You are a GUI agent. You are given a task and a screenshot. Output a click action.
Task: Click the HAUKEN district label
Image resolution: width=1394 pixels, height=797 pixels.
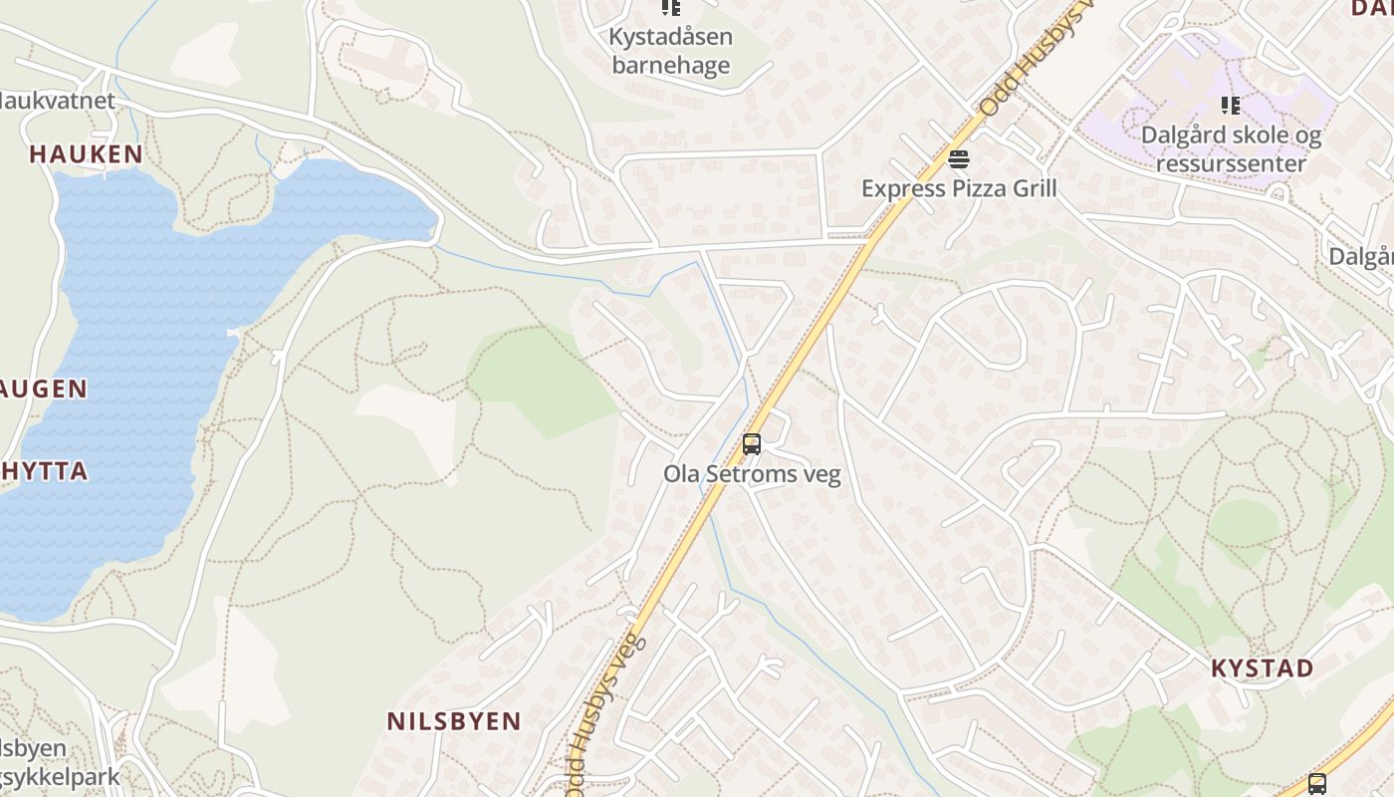[86, 154]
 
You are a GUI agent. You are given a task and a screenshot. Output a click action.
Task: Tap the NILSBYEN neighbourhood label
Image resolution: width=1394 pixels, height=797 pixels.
[453, 721]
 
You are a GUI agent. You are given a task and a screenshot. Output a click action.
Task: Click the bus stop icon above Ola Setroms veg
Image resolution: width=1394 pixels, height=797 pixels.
[752, 444]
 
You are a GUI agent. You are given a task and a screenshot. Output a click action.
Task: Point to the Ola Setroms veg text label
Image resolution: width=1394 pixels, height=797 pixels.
[752, 474]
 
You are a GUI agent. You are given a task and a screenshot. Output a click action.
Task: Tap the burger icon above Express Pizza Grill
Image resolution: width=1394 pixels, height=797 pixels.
[959, 159]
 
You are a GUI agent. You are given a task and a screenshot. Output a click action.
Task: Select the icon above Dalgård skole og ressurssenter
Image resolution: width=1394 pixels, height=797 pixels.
[1231, 106]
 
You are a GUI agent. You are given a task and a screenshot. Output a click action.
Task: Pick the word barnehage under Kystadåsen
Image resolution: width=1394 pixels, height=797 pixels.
[670, 67]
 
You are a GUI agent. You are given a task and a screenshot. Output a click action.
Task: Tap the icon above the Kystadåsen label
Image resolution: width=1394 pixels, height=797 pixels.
[671, 9]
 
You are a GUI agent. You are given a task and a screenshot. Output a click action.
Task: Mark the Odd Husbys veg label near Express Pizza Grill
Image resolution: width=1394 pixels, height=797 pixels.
[1036, 60]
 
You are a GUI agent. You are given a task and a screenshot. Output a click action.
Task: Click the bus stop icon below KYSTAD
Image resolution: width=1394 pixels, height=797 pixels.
[1316, 784]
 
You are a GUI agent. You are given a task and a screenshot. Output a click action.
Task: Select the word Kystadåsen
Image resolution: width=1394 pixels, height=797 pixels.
[670, 38]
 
